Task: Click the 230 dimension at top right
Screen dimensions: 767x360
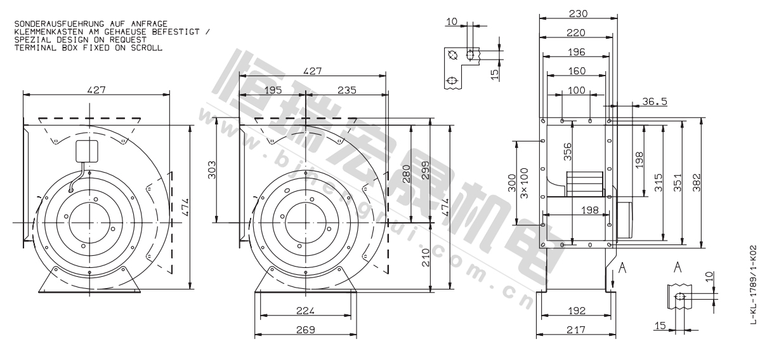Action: point(578,14)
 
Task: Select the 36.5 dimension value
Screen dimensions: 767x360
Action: point(654,102)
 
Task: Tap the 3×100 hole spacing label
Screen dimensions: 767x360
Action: point(524,183)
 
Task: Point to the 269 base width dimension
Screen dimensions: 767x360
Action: point(305,330)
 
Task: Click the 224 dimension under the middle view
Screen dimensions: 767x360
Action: point(305,310)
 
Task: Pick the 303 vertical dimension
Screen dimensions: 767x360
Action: point(213,170)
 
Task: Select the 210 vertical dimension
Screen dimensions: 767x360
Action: point(425,258)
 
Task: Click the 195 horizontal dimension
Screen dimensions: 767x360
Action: point(273,90)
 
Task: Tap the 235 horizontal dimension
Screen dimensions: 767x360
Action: point(347,90)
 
